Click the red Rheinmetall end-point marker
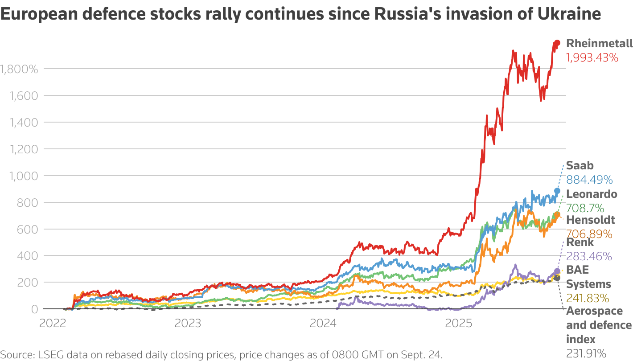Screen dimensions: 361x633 557,43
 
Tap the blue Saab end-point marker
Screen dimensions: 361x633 557,191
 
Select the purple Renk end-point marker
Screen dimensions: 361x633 557,271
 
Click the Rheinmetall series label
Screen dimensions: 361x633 599,43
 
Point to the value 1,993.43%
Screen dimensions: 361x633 592,57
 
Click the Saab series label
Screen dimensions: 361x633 580,165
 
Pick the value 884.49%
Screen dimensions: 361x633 589,180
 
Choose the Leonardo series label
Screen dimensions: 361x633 592,194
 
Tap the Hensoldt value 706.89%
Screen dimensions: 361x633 589,234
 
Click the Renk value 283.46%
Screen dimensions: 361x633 589,256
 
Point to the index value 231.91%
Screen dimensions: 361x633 586,353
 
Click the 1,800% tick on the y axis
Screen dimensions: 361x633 19,69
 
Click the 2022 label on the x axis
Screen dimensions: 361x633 53,323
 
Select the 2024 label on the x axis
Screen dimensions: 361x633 324,323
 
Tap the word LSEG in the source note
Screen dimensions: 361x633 49,355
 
